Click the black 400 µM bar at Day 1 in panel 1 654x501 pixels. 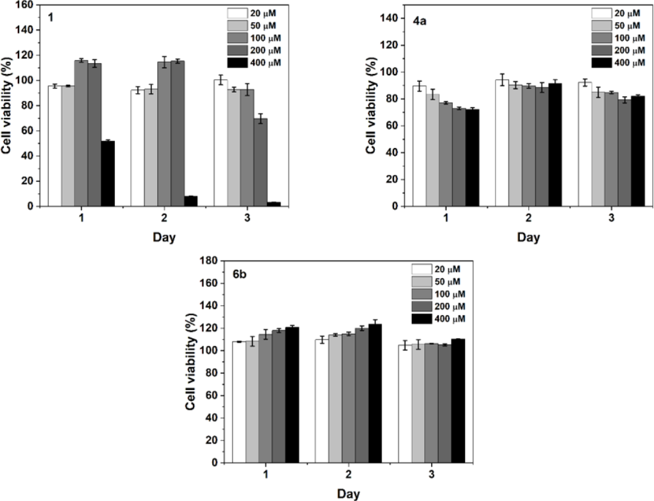coord(107,173)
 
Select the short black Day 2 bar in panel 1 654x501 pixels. coord(190,201)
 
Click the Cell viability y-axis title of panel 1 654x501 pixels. coord(8,108)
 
